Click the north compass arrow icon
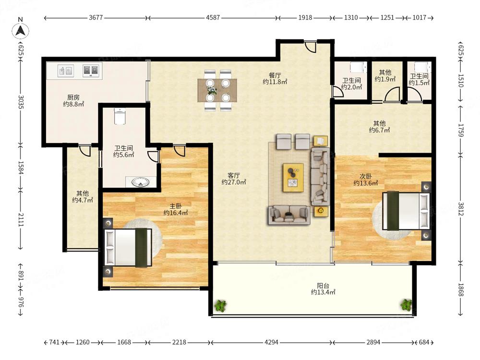coord(21,30)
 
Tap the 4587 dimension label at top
coord(213,17)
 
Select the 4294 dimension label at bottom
coord(271,342)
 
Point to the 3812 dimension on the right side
coord(461,209)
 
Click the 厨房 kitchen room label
coord(73,97)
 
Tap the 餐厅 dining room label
coord(275,75)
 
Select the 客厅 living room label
coord(234,175)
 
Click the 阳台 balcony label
coord(323,286)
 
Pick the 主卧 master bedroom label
coord(175,206)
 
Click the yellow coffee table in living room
coord(293,178)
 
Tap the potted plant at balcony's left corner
coord(220,305)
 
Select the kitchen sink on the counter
coord(65,71)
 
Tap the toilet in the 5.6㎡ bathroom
coord(120,116)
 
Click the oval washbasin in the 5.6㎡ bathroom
coord(141,182)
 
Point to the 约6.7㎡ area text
coord(379,131)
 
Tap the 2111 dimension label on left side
coord(21,220)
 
